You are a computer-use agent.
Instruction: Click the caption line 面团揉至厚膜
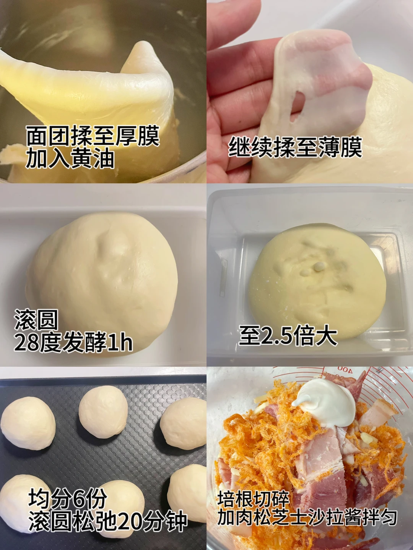point(93,136)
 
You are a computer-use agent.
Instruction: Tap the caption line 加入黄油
point(70,159)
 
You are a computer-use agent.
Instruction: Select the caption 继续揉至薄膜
point(295,147)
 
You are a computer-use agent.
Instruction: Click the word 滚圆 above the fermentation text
point(36,320)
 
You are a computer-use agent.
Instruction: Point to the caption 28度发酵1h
point(73,342)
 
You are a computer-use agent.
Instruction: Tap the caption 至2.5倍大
point(288,335)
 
